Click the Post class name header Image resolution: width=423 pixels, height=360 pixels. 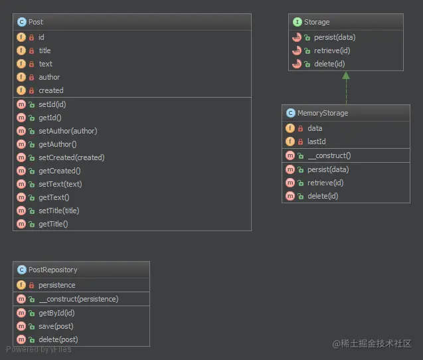(36, 22)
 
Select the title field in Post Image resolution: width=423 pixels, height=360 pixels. (44, 50)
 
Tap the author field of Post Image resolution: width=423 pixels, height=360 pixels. (49, 77)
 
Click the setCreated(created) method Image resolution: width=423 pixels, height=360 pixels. (71, 157)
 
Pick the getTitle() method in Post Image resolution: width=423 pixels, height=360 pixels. (53, 224)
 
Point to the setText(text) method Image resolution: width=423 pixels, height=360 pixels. (60, 184)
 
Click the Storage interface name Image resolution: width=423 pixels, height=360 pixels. (317, 22)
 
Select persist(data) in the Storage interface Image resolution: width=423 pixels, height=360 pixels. (330, 37)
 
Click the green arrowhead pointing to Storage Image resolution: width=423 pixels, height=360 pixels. (346, 76)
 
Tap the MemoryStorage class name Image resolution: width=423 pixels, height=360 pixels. (322, 113)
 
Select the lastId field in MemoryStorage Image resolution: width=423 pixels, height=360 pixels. (316, 141)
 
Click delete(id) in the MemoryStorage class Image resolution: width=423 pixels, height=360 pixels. (323, 196)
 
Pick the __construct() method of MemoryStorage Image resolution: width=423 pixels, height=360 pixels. (329, 155)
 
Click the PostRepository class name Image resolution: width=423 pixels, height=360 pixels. (52, 270)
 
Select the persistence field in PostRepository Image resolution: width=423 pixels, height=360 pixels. (57, 285)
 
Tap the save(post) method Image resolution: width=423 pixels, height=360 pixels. (56, 326)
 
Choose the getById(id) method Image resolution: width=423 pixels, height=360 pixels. (56, 313)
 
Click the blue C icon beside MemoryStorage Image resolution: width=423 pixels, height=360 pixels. (290, 113)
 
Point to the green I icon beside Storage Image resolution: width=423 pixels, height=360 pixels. (297, 22)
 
